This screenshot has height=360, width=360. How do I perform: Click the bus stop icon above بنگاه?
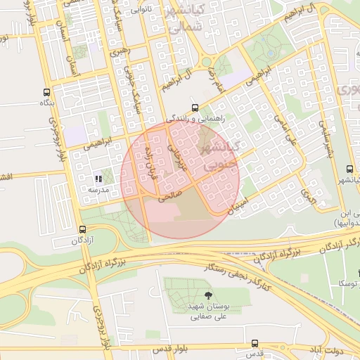click(x=47, y=92)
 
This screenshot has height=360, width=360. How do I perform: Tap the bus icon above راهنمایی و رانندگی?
click(x=195, y=108)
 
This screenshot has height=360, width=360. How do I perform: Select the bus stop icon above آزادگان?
click(x=83, y=229)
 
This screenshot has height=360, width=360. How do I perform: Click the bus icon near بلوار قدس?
click(x=255, y=343)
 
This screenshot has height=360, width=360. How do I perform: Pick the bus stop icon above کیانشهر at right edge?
click(x=350, y=169)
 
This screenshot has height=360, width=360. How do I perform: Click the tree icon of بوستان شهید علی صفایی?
click(x=207, y=296)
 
